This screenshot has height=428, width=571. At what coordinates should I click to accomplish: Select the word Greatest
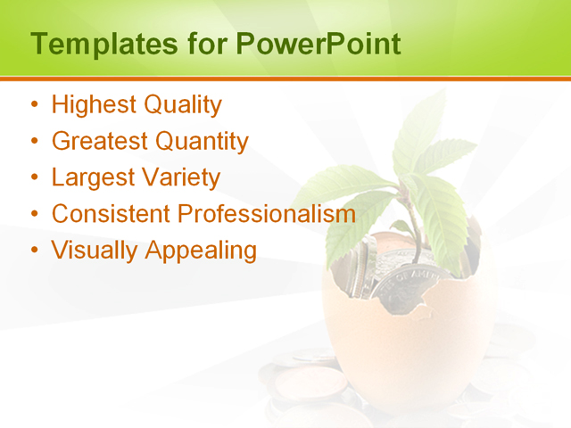(100, 141)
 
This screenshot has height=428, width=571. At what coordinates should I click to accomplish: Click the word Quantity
(202, 141)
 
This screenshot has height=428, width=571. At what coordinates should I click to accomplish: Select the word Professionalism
(267, 214)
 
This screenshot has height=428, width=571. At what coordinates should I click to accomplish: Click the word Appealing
(200, 251)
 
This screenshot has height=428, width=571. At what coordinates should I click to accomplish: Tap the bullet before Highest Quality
(35, 106)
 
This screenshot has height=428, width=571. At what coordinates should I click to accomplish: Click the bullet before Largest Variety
(35, 178)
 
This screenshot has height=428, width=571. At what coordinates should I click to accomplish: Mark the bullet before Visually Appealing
(35, 251)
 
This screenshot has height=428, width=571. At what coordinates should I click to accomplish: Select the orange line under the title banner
(285, 78)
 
